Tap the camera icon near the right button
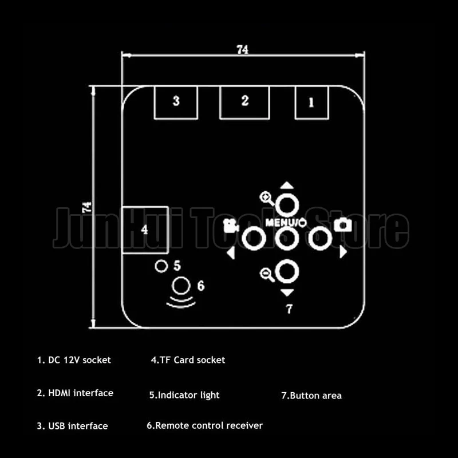click(342, 225)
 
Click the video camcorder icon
click(231, 226)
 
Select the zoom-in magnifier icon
click(267, 198)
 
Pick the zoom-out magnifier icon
click(267, 275)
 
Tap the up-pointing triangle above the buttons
click(287, 185)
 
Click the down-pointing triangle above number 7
click(287, 293)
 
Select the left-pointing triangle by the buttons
click(231, 252)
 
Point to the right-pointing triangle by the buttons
click(343, 252)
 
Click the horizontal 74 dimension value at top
click(242, 50)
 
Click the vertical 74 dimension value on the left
click(87, 207)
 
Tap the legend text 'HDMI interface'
click(81, 393)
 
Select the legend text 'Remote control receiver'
click(209, 425)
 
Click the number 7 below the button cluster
click(289, 309)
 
